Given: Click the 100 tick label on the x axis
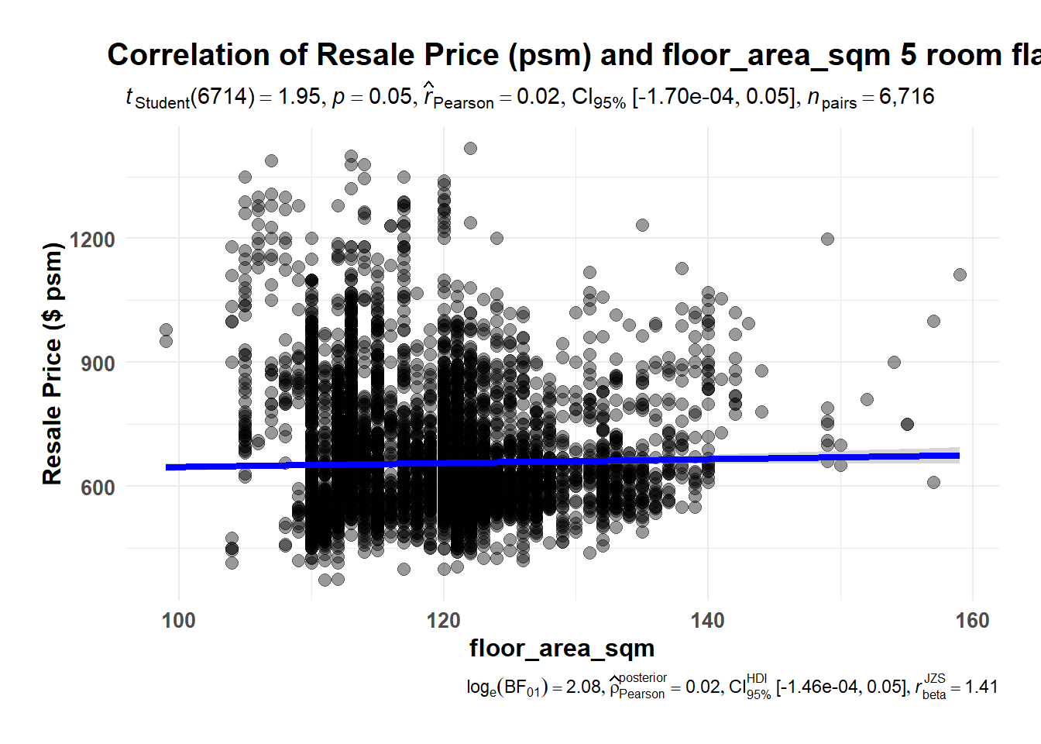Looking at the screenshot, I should click(179, 621).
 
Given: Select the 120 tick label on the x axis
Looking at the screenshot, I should click(443, 621).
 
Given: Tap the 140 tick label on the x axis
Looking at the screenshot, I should click(708, 621).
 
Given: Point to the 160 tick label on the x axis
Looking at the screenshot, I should click(972, 621).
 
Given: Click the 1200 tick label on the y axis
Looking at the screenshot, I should click(92, 239).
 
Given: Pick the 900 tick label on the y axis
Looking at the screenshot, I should click(98, 363).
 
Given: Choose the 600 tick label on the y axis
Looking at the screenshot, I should click(98, 487).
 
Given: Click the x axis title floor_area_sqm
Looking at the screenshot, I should click(562, 648).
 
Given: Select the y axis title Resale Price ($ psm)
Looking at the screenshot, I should click(52, 363).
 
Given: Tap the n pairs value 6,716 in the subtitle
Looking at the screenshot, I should click(906, 97).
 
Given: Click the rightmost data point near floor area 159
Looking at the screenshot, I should click(960, 274).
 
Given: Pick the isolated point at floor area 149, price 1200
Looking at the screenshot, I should click(827, 239).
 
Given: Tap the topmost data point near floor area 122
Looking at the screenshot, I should click(470, 148).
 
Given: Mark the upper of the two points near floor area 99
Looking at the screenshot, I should click(166, 330).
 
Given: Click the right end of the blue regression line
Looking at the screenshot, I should click(959, 456).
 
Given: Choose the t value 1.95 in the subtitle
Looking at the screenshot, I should click(299, 97).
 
